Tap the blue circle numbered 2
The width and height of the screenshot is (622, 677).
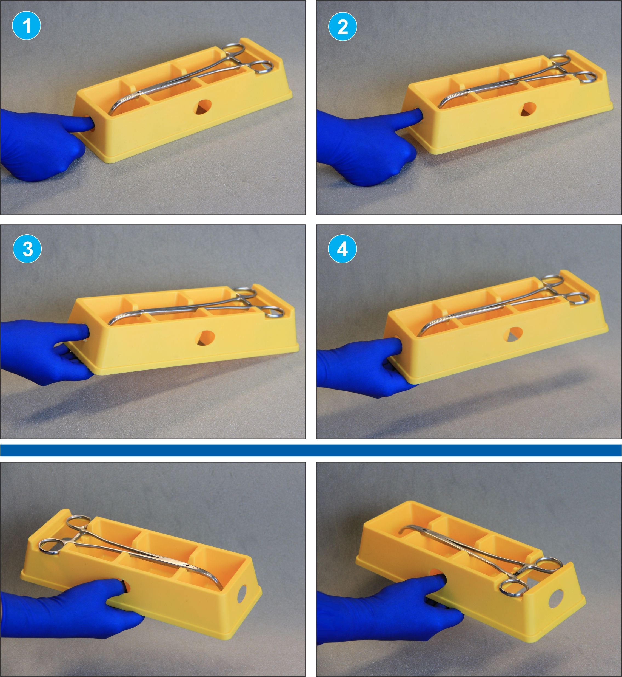[x=343, y=26]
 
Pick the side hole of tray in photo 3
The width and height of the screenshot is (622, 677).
[x=206, y=338]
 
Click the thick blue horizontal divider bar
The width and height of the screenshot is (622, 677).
[x=311, y=450]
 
